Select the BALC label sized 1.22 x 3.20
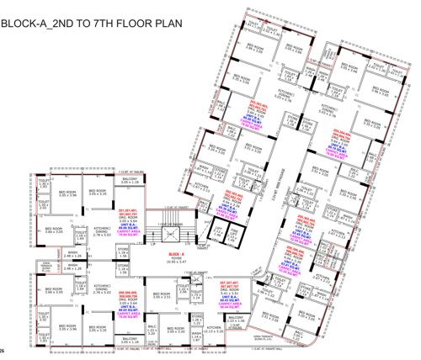153,330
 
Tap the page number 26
4,356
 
